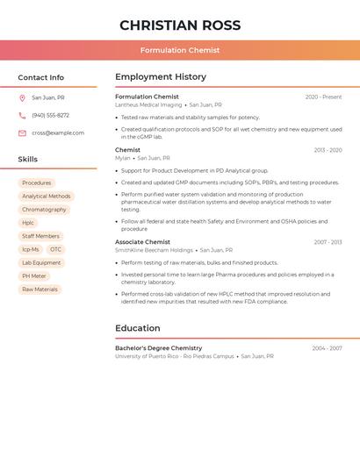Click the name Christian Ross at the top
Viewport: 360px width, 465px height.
(x=180, y=25)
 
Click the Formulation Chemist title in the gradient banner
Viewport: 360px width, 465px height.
(x=180, y=50)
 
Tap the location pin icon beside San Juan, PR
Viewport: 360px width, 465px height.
(x=22, y=98)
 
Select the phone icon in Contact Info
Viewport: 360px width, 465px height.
(x=22, y=116)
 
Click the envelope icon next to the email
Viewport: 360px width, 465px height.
(x=22, y=133)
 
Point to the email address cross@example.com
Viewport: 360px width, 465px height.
(x=58, y=133)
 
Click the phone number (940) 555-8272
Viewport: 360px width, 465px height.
(x=51, y=116)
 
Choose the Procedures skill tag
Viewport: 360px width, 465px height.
(x=37, y=183)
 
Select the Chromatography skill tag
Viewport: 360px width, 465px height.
(x=44, y=210)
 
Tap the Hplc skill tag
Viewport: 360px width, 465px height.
(x=28, y=223)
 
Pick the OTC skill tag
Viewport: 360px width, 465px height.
(x=56, y=249)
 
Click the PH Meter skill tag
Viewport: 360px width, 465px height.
(x=34, y=276)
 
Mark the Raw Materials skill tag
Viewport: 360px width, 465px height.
(x=40, y=290)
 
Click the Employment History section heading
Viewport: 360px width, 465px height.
(x=161, y=77)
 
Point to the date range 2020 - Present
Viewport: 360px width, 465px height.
(x=323, y=97)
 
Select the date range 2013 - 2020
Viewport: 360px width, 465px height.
(x=328, y=151)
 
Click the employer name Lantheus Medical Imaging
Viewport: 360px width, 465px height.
(x=148, y=105)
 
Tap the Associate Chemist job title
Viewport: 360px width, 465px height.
(x=142, y=242)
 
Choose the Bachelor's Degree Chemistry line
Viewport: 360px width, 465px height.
(x=158, y=348)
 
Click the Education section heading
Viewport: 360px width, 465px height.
(x=138, y=328)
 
